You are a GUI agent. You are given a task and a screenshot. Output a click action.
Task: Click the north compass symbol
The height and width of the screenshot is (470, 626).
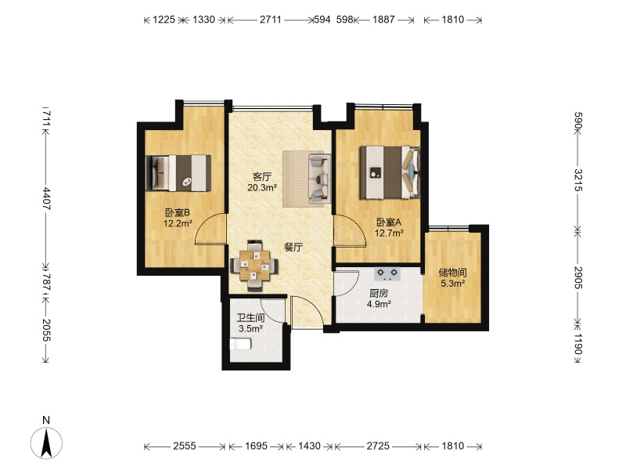(x=47, y=443)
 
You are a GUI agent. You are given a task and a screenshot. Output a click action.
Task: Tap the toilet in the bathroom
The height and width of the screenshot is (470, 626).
(x=241, y=344)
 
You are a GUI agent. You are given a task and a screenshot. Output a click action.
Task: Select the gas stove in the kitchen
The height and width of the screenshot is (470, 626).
(x=387, y=273)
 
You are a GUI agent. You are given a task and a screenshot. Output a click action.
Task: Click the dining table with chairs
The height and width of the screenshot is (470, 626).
(x=254, y=265)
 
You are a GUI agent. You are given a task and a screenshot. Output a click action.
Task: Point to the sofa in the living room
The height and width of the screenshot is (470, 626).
(x=319, y=179)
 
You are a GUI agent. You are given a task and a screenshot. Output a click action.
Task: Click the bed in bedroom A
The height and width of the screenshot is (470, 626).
(x=390, y=172)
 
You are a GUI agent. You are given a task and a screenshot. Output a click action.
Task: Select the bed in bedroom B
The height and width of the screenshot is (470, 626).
(x=178, y=173)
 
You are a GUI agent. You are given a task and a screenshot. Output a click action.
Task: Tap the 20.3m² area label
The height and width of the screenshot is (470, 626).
(x=262, y=187)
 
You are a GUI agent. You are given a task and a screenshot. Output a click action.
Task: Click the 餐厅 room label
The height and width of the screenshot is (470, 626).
(x=293, y=247)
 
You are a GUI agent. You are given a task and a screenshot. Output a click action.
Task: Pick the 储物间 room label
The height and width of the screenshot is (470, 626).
(x=452, y=273)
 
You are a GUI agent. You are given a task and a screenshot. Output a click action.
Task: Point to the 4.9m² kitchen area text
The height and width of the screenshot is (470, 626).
(x=379, y=304)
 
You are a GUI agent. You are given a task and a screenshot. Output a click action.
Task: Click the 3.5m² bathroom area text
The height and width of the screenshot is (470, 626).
(x=250, y=328)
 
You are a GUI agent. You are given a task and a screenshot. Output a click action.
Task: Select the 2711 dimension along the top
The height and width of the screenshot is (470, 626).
(x=271, y=20)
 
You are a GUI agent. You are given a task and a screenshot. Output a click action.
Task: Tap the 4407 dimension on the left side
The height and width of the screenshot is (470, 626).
(x=45, y=198)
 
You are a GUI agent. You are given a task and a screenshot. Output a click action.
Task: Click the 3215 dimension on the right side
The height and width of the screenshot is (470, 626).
(x=577, y=180)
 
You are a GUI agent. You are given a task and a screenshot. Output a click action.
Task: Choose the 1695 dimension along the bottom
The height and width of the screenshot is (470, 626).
(x=256, y=446)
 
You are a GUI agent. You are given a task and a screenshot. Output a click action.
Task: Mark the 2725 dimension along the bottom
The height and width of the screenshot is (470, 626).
(x=378, y=446)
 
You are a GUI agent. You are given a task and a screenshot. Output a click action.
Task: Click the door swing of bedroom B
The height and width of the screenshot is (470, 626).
(x=210, y=229)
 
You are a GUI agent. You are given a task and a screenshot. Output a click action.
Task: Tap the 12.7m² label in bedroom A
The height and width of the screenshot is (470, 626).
(x=389, y=232)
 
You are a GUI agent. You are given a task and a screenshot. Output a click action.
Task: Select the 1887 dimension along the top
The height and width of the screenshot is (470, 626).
(x=383, y=20)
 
